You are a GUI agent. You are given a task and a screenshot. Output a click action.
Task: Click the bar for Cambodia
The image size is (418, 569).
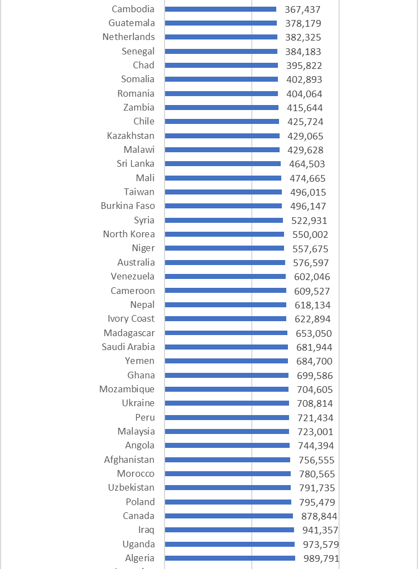pyautogui.click(x=221, y=9)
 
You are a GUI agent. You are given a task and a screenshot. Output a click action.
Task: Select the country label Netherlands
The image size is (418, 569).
pyautogui.click(x=128, y=37)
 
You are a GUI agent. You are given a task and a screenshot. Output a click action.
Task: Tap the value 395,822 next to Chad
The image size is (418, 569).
pyautogui.click(x=303, y=66)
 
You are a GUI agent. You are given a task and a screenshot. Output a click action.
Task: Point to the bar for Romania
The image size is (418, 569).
pyautogui.click(x=222, y=93)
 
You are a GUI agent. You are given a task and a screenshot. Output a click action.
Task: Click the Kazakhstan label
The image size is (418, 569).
pyautogui.click(x=131, y=136)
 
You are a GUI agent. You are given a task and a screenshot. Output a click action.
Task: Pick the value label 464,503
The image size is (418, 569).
pyautogui.click(x=307, y=164)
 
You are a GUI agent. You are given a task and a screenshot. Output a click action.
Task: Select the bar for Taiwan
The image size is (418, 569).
pyautogui.click(x=223, y=192)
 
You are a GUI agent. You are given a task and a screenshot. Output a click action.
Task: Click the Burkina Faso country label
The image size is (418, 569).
pyautogui.click(x=128, y=206)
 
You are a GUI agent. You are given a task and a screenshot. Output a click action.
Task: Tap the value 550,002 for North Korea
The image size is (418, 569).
pyautogui.click(x=310, y=234)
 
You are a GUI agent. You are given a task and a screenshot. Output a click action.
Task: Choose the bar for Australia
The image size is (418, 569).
pyautogui.click(x=225, y=262)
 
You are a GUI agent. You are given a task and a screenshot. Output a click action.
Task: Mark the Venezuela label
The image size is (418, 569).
pyautogui.click(x=133, y=276)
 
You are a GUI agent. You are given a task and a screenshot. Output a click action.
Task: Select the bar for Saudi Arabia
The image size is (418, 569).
pyautogui.click(x=227, y=347)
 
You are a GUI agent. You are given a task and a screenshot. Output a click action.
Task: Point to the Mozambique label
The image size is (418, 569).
pyautogui.click(x=127, y=389)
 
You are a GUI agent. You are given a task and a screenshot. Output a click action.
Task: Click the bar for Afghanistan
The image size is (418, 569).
pyautogui.click(x=227, y=460)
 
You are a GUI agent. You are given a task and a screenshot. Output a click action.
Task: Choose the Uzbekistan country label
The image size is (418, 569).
pyautogui.click(x=132, y=487)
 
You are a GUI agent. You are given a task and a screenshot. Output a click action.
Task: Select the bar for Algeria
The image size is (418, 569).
pyautogui.click(x=230, y=558)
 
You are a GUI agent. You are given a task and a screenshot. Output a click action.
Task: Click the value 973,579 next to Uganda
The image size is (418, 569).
pyautogui.click(x=320, y=545)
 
